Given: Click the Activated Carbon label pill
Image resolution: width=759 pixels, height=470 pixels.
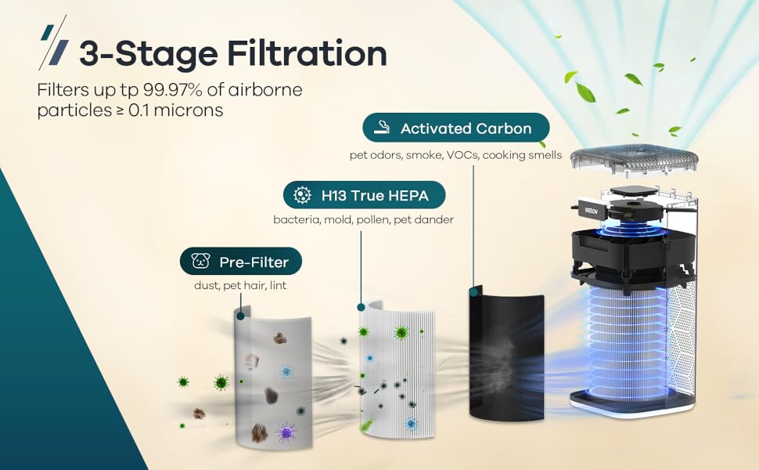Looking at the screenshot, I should [456, 128].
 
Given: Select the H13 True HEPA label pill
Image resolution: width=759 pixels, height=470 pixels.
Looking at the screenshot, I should [365, 195].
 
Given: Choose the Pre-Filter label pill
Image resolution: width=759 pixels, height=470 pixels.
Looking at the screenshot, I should [241, 262].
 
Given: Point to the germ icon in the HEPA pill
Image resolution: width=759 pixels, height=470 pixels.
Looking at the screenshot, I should [302, 195].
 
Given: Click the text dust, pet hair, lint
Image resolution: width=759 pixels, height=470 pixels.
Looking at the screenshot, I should [240, 286].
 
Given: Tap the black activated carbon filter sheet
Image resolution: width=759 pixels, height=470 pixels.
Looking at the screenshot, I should [505, 352].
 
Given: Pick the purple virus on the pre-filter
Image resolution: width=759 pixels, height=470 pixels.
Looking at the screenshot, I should [286, 430].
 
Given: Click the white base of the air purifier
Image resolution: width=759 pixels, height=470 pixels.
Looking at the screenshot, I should [632, 406].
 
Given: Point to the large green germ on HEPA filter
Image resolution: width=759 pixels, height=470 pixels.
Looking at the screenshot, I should [401, 332].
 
